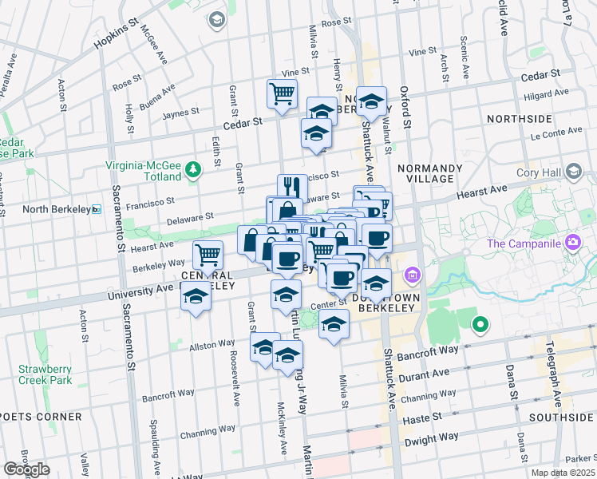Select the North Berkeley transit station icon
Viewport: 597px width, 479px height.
pos(97,209)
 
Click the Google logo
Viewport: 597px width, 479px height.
pos(26,469)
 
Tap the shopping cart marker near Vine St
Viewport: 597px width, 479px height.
pos(282,93)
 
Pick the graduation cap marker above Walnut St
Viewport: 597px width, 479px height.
pos(371,101)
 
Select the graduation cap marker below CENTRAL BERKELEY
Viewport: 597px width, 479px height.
pos(195,298)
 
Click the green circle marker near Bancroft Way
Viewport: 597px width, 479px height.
pos(480,325)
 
